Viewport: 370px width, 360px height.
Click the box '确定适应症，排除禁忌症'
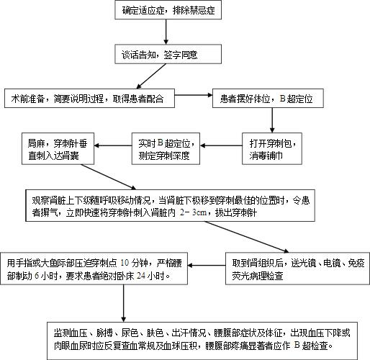click(x=166, y=10)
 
